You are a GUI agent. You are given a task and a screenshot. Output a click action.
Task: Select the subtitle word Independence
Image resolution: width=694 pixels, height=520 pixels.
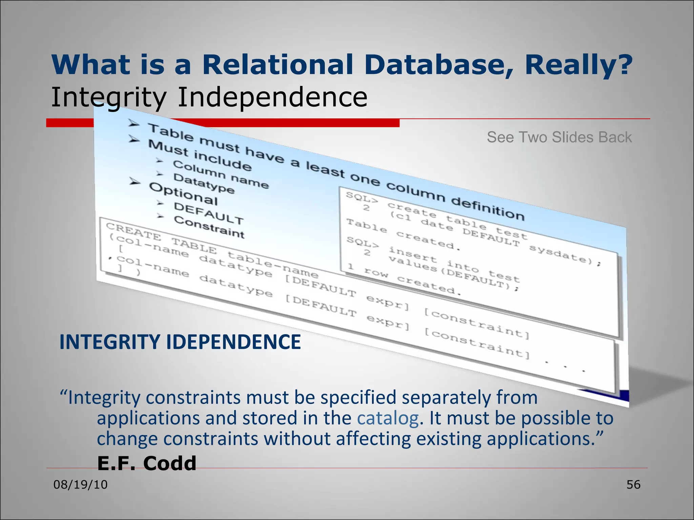272,97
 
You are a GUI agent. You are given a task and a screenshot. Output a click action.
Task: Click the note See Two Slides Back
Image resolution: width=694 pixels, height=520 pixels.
559,137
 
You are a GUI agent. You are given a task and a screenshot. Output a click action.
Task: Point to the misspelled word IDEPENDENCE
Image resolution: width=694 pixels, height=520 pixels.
233,342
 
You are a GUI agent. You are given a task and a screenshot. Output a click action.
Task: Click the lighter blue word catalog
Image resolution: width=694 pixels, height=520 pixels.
388,418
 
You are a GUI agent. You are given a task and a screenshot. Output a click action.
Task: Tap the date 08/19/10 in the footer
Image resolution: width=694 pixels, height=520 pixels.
80,484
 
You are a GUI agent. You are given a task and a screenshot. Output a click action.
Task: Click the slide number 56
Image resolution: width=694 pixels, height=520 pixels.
633,484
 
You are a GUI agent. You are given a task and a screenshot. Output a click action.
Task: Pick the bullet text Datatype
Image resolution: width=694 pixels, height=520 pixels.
204,183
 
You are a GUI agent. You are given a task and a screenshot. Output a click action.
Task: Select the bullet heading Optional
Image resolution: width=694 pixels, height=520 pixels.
183,194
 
